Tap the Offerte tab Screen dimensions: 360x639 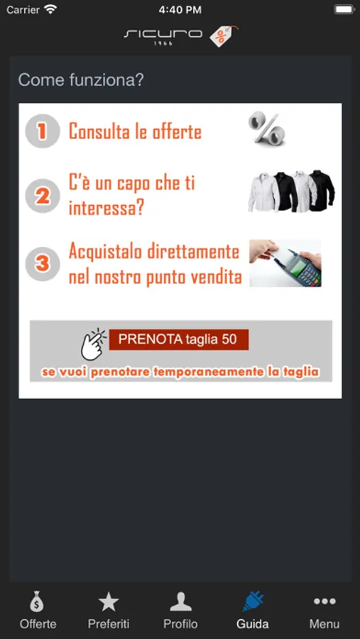pos(38,609)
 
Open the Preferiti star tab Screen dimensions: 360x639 pos(109,609)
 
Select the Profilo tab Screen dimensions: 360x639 pos(180,609)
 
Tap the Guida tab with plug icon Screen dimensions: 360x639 pos(253,609)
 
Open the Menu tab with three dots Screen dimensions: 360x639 pos(324,609)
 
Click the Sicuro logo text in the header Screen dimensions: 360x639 pos(163,35)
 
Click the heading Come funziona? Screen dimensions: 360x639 pos(81,80)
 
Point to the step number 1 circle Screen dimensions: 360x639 pos(43,131)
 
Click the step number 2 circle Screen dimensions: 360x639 pos(43,196)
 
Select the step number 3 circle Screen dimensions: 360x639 pos(43,263)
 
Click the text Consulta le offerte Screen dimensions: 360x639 pos(136,131)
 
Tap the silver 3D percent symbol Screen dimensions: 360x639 pos(267,129)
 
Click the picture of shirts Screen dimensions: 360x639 pos(292,192)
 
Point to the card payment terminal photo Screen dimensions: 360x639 pos(285,263)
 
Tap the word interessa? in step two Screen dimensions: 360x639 pos(107,208)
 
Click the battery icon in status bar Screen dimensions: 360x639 pos(344,9)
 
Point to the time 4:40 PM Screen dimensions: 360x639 pos(180,10)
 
